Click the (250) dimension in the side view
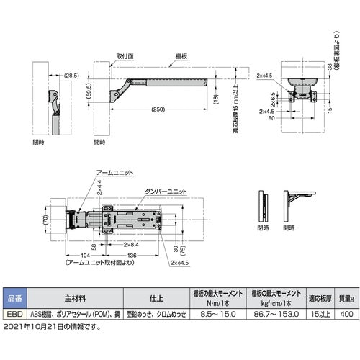(x=162, y=109)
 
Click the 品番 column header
(x=14, y=298)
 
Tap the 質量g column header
(x=345, y=298)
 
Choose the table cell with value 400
(x=345, y=315)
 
